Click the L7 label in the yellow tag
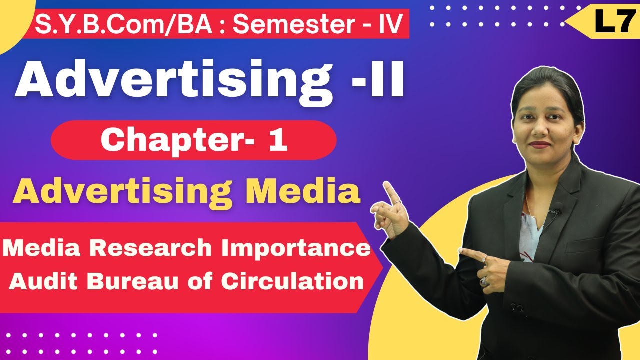pyautogui.click(x=611, y=23)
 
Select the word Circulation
pyautogui.click(x=292, y=282)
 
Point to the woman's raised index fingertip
pyautogui.click(x=386, y=184)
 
